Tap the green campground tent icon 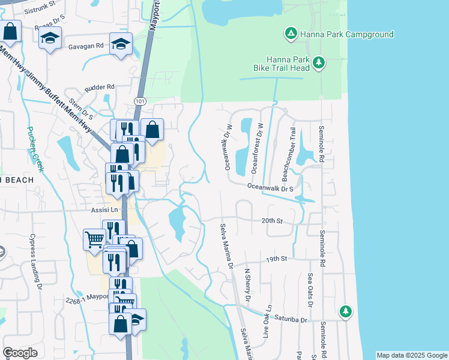tap(290, 34)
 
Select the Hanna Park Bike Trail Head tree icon tap(319, 62)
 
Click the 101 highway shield tap(140, 101)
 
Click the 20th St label tap(272, 221)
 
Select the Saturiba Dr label tap(291, 320)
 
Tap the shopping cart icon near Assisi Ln tap(94, 239)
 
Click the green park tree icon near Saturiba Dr tap(345, 311)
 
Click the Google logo tap(20, 353)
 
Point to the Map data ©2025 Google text tap(411, 355)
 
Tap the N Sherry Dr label tap(247, 286)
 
